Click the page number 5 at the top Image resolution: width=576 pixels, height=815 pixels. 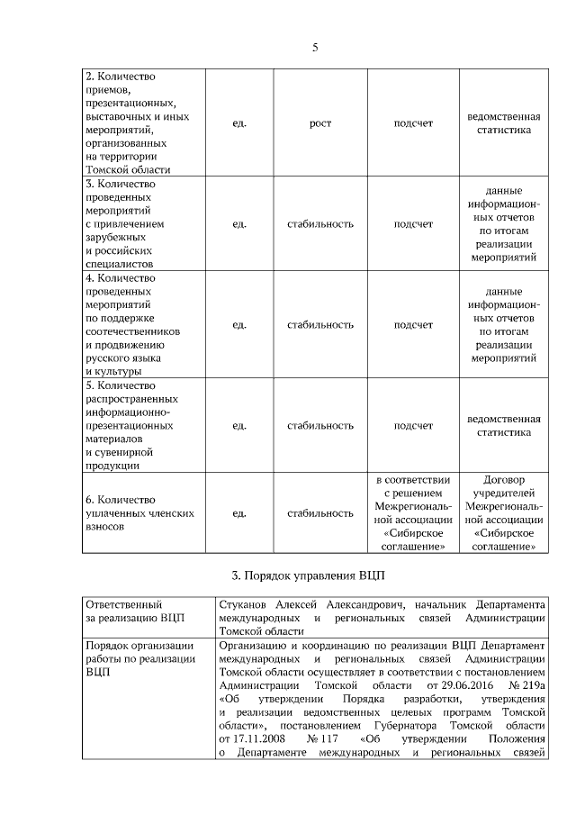pyautogui.click(x=315, y=49)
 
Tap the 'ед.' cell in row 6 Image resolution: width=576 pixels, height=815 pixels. pyautogui.click(x=238, y=513)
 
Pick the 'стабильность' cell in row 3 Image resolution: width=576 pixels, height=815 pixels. pyautogui.click(x=319, y=223)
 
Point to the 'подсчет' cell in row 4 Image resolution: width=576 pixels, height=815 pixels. pyautogui.click(x=413, y=324)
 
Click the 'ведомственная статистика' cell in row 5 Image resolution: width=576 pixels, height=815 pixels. pyautogui.click(x=503, y=425)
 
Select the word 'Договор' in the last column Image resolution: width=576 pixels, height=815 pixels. pyautogui.click(x=503, y=480)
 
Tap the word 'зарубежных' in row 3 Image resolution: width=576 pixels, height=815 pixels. pyautogui.click(x=114, y=238)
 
